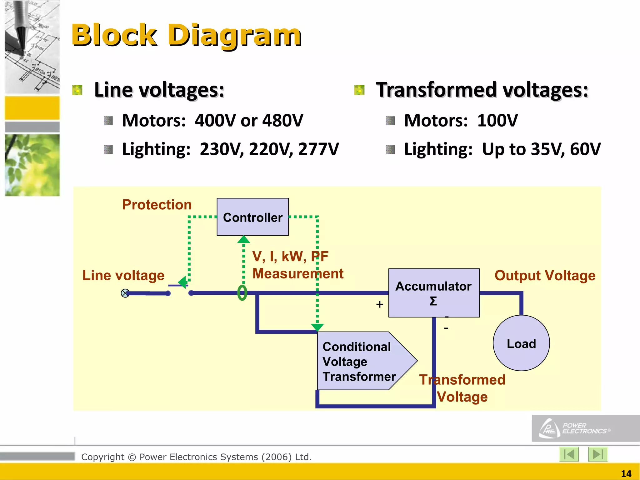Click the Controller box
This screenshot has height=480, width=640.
click(252, 217)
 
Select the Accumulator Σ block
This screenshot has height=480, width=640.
click(434, 293)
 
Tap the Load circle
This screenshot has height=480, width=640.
click(521, 343)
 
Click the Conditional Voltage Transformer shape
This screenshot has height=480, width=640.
click(359, 361)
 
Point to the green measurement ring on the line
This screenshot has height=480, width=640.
click(242, 293)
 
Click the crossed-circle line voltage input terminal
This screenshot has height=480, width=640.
click(125, 293)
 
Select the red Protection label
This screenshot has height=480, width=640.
click(157, 205)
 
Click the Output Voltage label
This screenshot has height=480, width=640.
click(545, 276)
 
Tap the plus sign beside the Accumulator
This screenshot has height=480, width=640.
click(379, 304)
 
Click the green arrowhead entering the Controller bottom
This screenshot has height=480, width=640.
click(244, 240)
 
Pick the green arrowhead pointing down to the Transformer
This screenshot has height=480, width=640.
click(317, 327)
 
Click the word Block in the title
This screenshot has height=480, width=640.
click(114, 35)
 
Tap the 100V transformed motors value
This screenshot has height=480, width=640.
click(497, 120)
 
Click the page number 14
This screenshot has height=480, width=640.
click(626, 474)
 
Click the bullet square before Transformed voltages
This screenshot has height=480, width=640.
click(359, 90)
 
